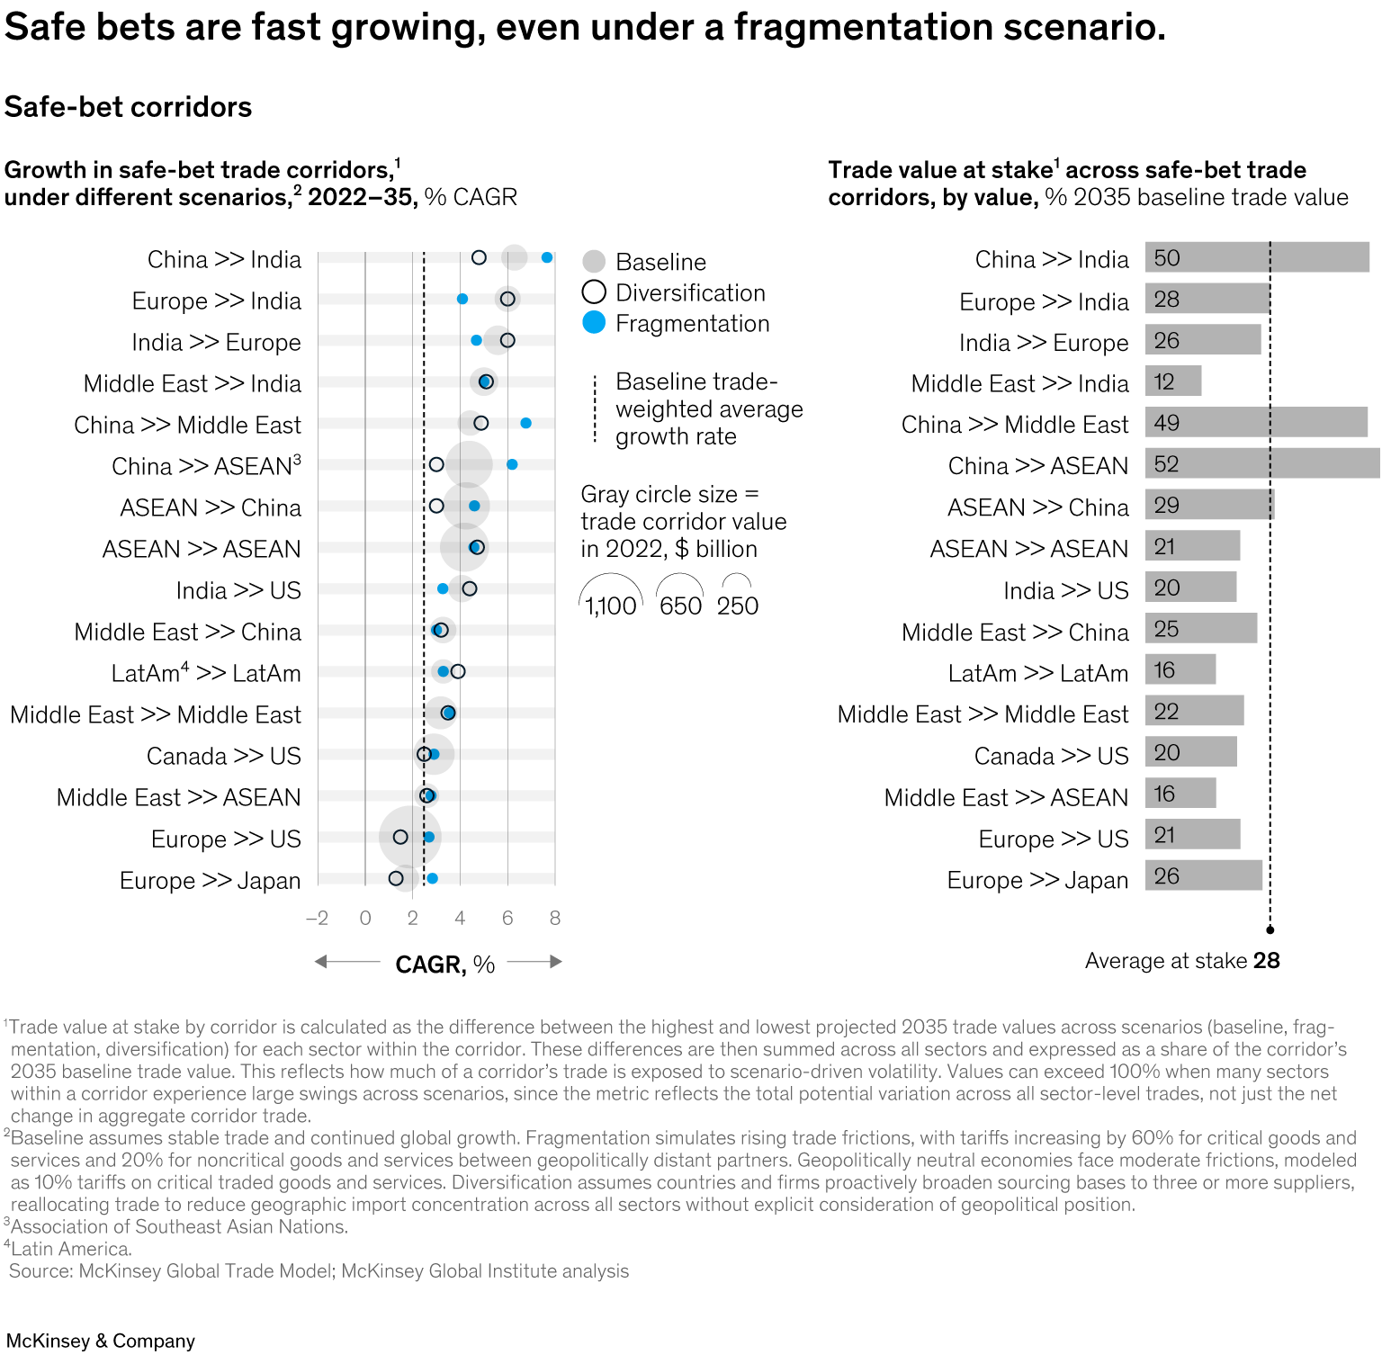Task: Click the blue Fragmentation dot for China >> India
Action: click(547, 258)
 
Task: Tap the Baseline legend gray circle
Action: click(594, 262)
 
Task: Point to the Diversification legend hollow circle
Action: click(594, 292)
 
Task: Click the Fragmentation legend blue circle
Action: click(594, 323)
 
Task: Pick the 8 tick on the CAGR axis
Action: click(555, 918)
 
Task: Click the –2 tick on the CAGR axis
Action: click(318, 918)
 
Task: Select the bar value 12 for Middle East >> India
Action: click(1164, 381)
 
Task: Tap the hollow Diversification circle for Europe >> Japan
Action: click(396, 878)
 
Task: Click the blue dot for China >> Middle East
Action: click(525, 423)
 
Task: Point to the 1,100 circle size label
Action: click(611, 606)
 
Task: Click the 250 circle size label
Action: click(738, 606)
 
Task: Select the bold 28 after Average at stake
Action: click(1267, 961)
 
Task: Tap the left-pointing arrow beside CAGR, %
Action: click(346, 962)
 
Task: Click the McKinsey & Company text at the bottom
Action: click(101, 1341)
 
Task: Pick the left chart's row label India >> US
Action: click(238, 590)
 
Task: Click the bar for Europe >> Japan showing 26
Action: click(1203, 876)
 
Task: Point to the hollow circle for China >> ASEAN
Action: click(436, 464)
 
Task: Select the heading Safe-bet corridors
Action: click(128, 107)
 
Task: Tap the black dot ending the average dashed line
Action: click(1270, 929)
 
